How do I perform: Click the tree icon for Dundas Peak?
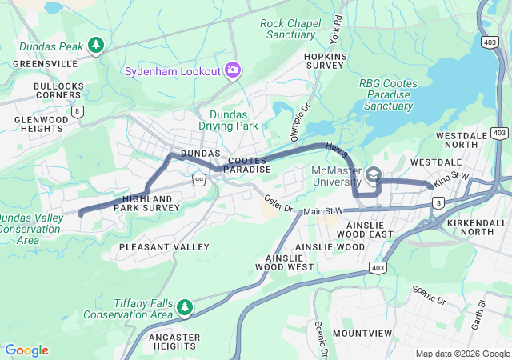(97, 46)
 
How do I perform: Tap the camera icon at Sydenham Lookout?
(233, 70)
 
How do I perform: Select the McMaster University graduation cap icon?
(374, 174)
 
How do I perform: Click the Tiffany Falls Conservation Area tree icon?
(185, 307)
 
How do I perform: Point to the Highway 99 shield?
(198, 181)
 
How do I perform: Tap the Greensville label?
(47, 63)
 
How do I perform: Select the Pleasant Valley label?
(164, 247)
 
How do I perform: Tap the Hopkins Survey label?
(324, 61)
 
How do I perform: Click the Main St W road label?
(323, 210)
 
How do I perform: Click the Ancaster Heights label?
(174, 342)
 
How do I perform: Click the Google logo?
(26, 350)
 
